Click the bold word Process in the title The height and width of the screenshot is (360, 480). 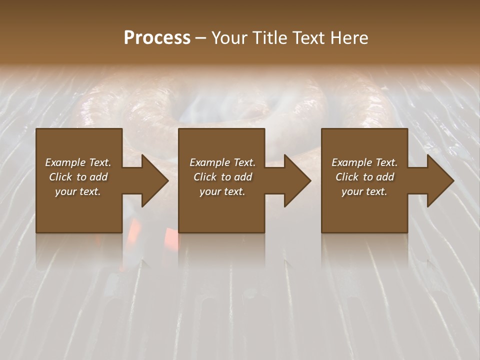point(157,38)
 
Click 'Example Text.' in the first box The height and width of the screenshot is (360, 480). point(78,162)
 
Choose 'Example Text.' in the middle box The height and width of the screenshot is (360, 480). point(222,162)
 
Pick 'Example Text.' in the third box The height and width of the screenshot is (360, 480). point(364,162)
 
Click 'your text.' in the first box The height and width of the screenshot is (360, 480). point(78,191)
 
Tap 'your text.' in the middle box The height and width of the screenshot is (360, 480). point(222,191)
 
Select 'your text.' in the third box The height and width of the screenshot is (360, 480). point(364,191)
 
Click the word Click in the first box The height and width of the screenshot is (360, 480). point(61,177)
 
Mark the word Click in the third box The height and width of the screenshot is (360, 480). point(347,177)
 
